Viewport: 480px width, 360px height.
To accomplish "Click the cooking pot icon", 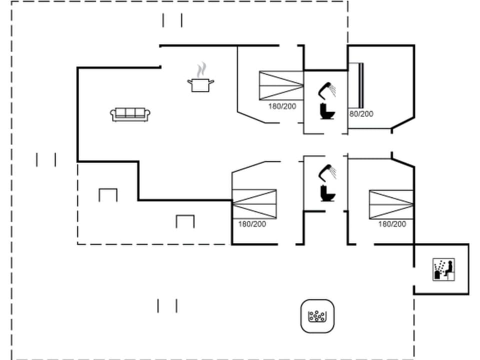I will (x=200, y=84).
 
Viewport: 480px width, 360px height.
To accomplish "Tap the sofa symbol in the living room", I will (x=130, y=114).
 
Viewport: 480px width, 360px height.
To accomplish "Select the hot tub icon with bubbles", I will (x=317, y=316).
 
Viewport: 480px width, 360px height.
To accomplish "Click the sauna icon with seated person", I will (x=443, y=269).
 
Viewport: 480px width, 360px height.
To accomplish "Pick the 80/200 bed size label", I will (x=361, y=114).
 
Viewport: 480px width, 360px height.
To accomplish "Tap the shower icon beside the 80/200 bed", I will (x=328, y=90).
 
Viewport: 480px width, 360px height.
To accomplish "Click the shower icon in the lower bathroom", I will (x=328, y=172).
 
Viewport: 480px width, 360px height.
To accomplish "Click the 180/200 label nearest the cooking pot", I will (x=282, y=106).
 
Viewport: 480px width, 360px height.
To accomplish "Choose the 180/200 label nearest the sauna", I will (x=392, y=224).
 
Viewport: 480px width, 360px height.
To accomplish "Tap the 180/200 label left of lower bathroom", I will (x=252, y=224).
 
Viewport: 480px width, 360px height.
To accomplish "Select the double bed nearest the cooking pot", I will (x=281, y=86).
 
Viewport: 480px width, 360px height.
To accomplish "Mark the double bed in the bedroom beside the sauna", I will (x=391, y=204).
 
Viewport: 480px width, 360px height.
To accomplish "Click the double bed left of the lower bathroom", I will (x=254, y=204).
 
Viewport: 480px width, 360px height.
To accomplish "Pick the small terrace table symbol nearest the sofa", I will (x=108, y=194).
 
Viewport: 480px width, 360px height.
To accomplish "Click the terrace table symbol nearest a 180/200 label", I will (x=185, y=221).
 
